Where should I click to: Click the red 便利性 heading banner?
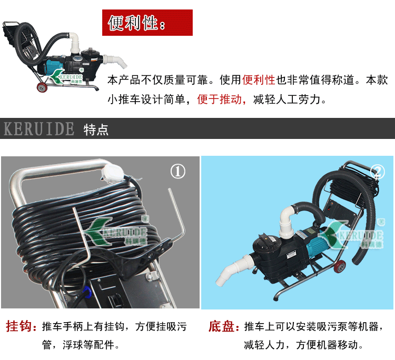point(147,23)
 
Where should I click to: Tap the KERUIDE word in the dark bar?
point(39,129)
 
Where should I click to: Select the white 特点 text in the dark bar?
point(96,130)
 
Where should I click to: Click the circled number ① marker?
point(178,172)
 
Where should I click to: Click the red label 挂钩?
point(18,326)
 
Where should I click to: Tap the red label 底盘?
point(221,326)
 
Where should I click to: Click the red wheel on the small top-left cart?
point(42,87)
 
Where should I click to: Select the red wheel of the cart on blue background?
point(340,266)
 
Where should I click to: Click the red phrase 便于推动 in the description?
point(219,99)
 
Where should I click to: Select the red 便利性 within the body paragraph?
point(259,80)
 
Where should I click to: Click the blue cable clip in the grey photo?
point(87,291)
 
